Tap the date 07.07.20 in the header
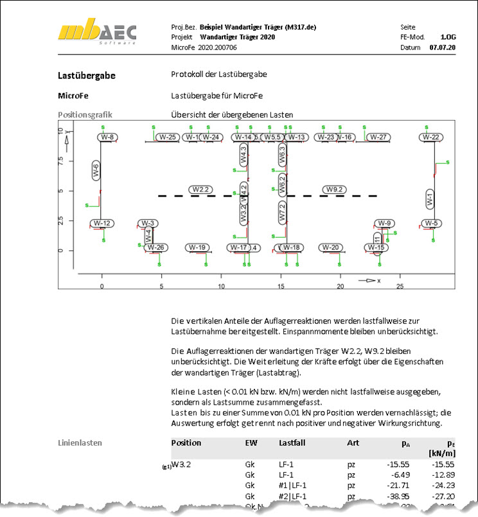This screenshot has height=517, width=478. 442,48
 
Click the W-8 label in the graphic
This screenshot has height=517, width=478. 107,137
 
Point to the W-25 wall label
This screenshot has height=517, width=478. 168,137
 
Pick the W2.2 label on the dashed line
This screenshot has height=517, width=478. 200,189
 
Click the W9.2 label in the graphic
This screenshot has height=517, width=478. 335,189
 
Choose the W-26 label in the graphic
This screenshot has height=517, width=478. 156,247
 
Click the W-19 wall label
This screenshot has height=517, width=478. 197,247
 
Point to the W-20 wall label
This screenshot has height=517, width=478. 331,247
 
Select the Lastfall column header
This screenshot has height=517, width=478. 293,443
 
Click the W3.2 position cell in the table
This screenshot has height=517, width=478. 183,463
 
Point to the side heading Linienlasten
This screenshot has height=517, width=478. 80,443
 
